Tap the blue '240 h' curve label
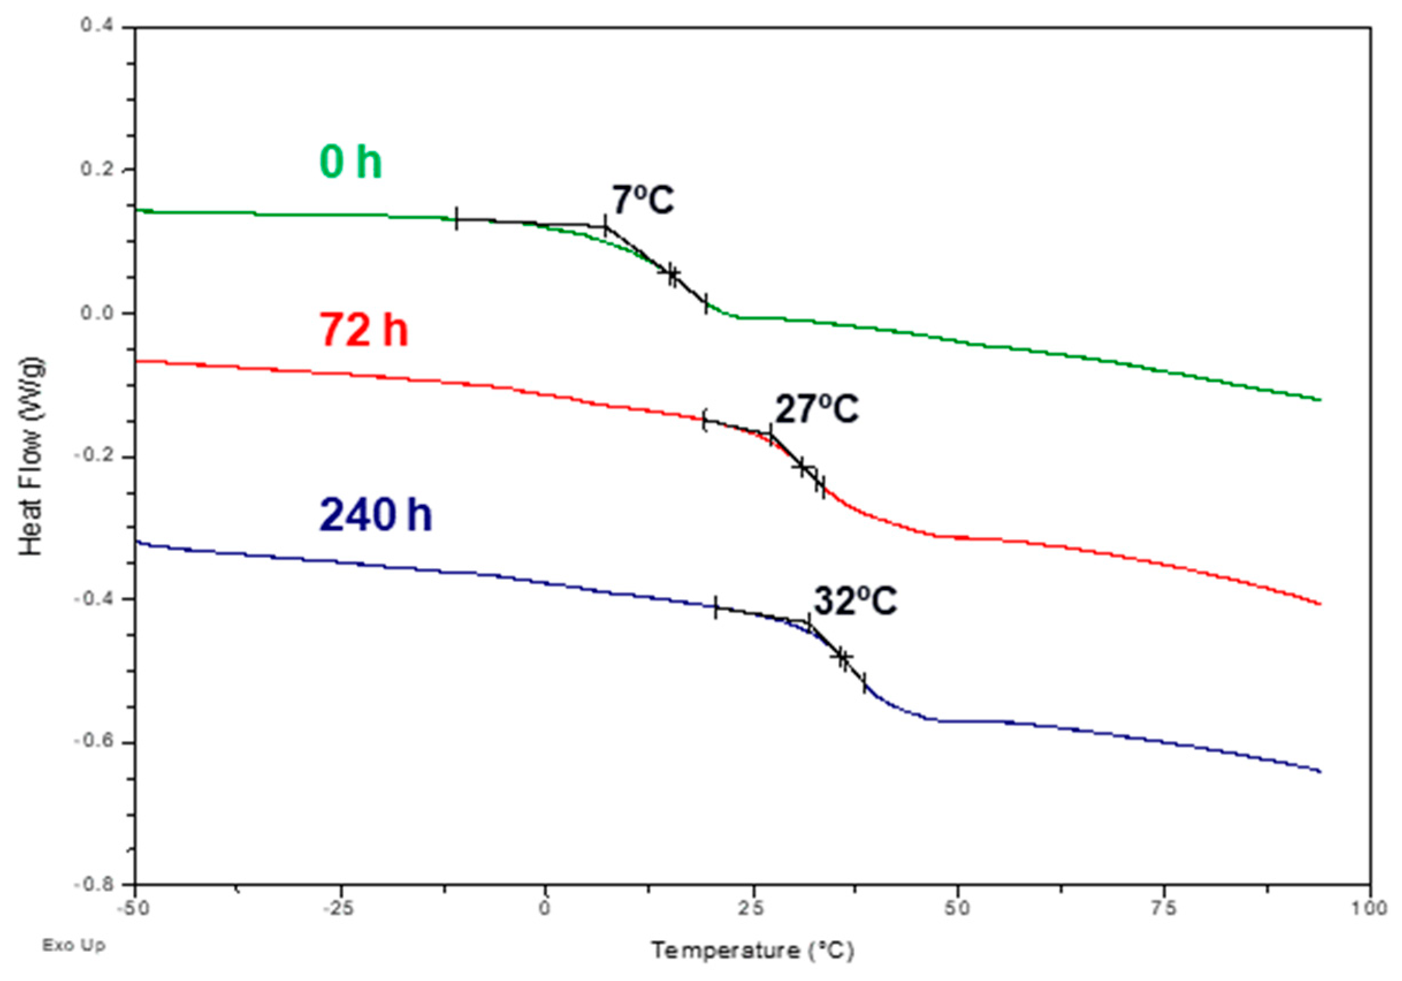tap(376, 514)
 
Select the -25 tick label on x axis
tap(340, 909)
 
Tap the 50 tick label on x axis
tap(957, 909)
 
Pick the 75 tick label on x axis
tap(1163, 909)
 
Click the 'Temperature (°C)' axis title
tap(752, 951)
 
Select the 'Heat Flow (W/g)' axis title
tap(32, 456)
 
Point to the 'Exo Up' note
tap(73, 945)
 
